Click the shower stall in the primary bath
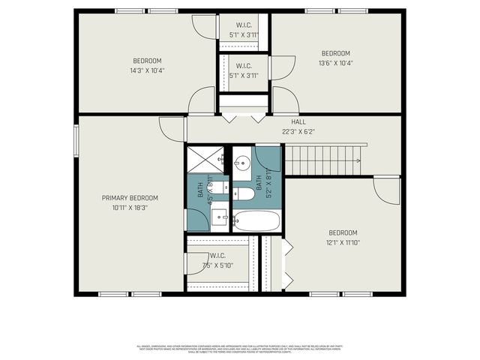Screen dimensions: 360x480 coord(204,160)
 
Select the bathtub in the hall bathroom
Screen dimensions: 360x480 coord(256,220)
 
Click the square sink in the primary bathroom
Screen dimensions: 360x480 coord(220,217)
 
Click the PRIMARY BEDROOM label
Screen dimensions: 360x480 coord(130,198)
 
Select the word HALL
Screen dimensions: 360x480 coord(298,121)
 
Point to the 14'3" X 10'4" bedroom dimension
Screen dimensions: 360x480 coord(148,70)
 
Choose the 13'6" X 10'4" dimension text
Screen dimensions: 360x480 coord(336,63)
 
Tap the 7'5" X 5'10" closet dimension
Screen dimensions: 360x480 coord(217,265)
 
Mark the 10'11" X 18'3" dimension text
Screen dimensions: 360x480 coord(130,208)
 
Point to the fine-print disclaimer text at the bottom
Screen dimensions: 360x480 coord(240,349)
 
